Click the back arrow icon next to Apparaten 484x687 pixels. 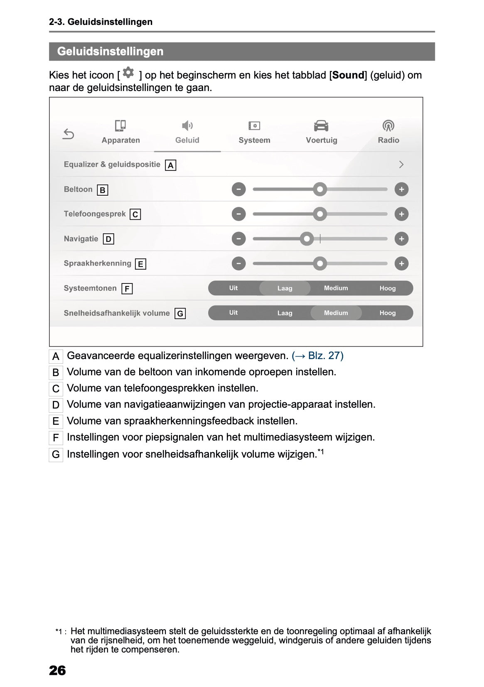coord(69,134)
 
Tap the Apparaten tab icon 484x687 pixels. coord(120,126)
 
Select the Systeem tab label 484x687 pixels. coord(254,140)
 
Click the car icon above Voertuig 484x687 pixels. coord(321,126)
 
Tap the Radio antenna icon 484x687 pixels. coord(388,126)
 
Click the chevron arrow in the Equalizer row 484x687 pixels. coord(401,165)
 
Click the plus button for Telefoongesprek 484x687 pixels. coord(401,214)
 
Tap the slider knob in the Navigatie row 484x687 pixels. coord(307,239)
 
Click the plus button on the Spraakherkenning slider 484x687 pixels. coord(401,263)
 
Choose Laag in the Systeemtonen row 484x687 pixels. coord(285,288)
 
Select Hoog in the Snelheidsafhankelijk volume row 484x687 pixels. coord(387,313)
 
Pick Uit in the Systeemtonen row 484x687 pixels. coord(233,288)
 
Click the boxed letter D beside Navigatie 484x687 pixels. coord(108,239)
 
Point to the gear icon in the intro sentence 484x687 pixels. coord(129,73)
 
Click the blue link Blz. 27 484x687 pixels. coord(318,356)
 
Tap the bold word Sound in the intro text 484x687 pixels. coord(348,75)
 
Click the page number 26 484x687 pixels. coord(57,670)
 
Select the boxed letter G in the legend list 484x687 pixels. coord(56,455)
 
